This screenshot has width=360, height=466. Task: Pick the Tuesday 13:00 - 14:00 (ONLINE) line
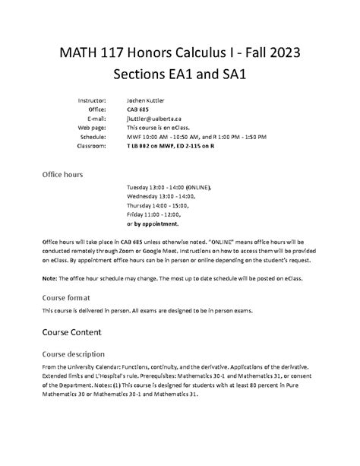coord(169,187)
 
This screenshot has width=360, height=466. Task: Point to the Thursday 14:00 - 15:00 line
coord(159,205)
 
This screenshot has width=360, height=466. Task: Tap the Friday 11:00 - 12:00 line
coord(156,215)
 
